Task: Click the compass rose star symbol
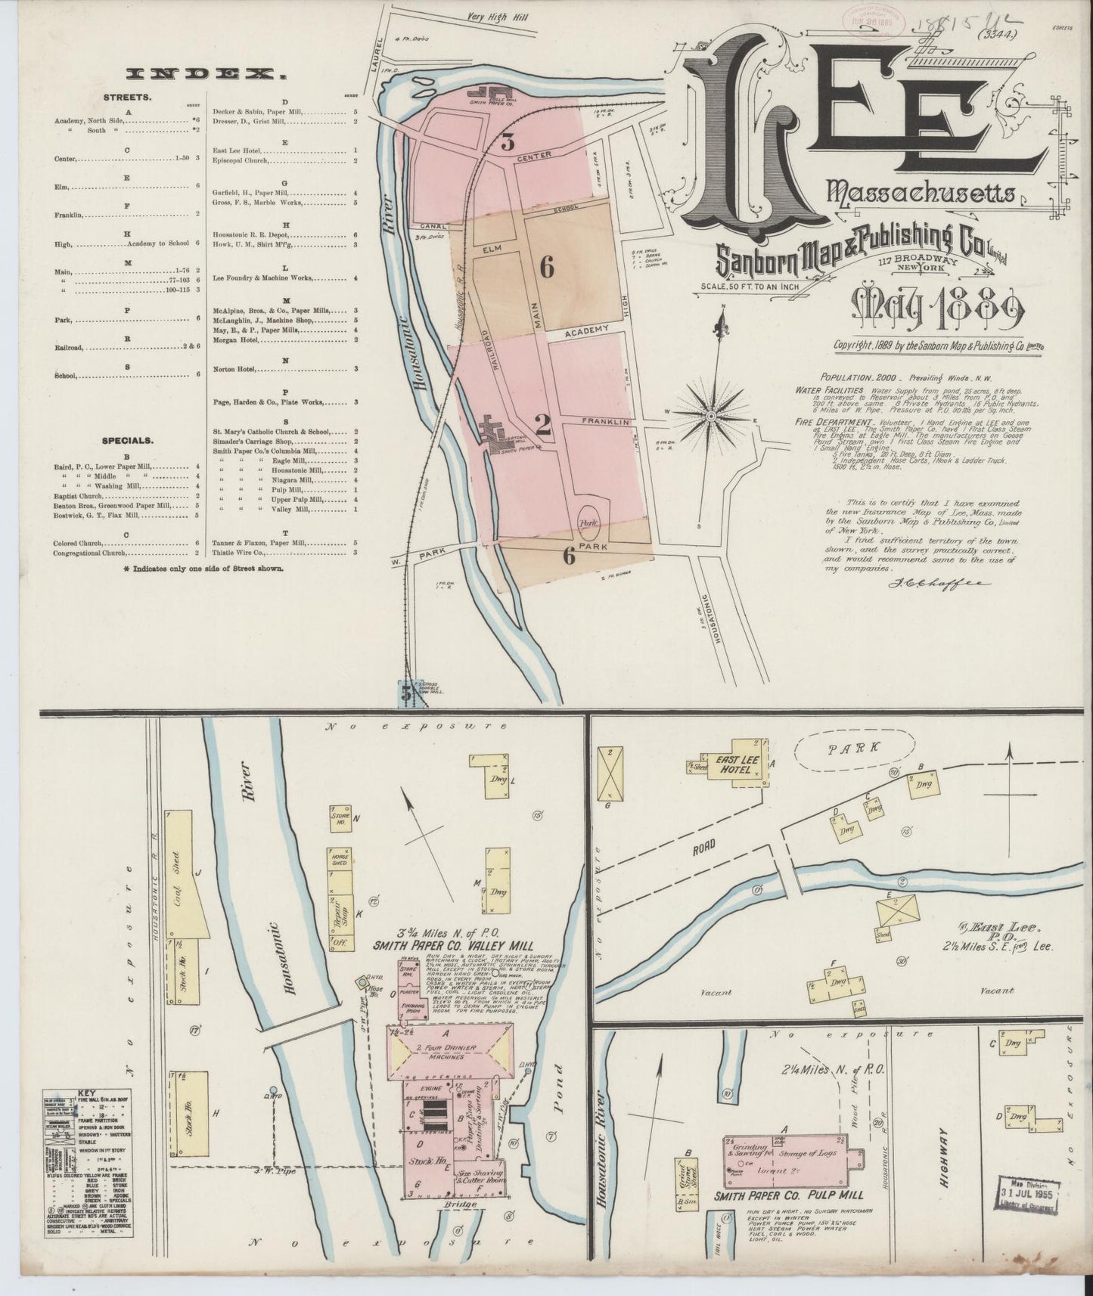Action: (711, 416)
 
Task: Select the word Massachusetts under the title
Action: (921, 194)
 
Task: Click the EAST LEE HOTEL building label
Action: (730, 764)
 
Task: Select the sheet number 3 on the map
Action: (507, 142)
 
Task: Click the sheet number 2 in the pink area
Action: (542, 426)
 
